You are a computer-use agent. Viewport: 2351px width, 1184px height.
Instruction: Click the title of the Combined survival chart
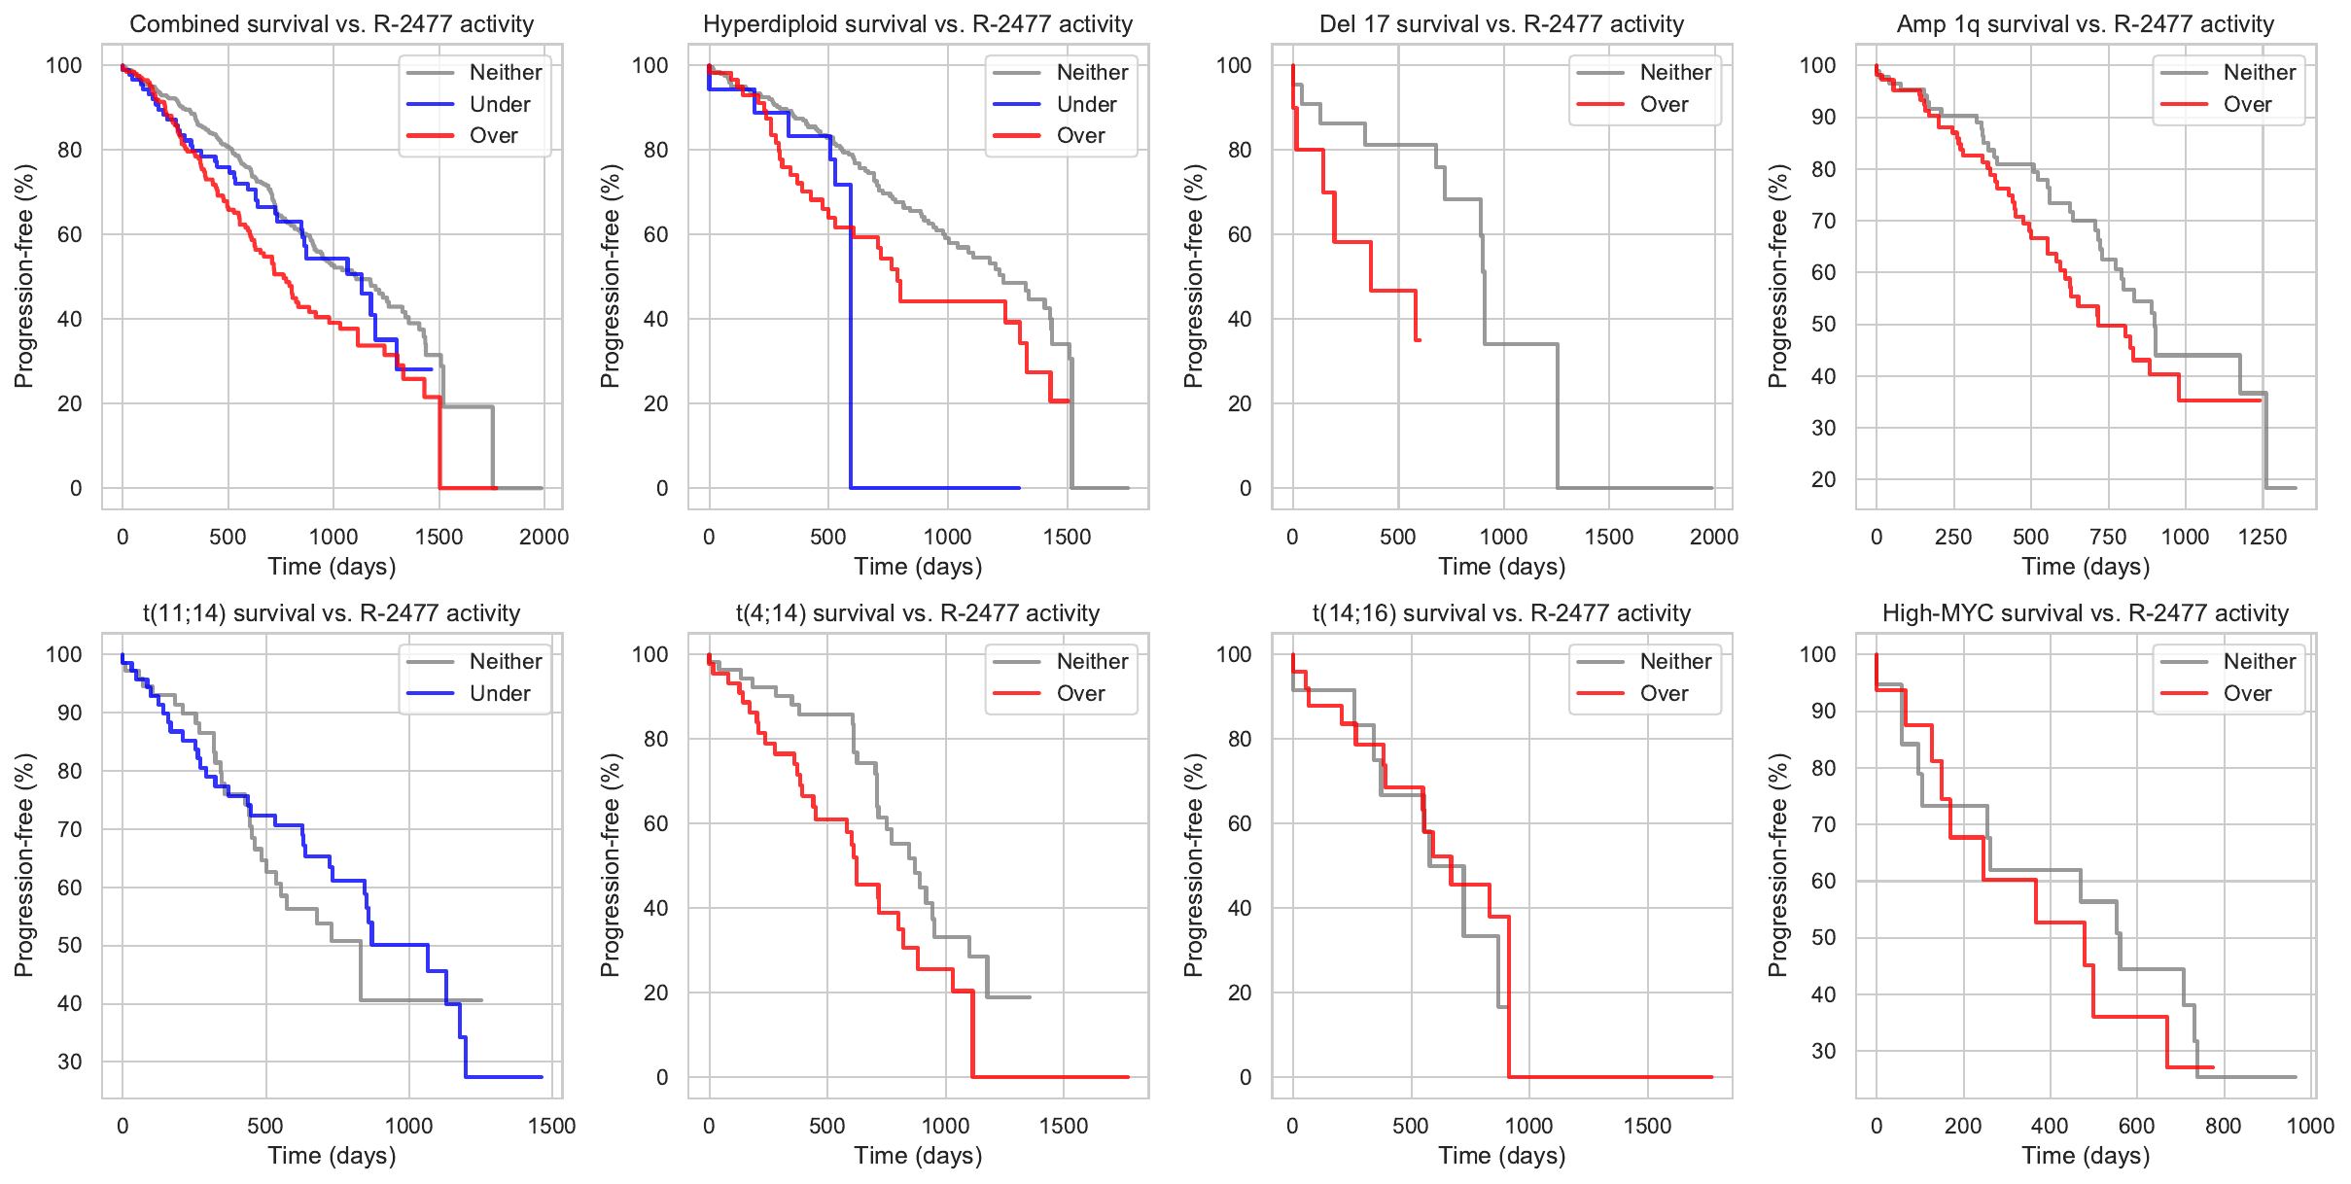332,24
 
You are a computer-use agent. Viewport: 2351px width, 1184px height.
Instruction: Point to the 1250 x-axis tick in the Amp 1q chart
2262,537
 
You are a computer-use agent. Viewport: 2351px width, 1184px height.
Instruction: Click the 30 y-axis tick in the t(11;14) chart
70,1062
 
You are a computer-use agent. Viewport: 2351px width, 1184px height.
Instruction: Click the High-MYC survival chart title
2085,613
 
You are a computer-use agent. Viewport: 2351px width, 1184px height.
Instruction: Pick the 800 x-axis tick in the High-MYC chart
2223,1126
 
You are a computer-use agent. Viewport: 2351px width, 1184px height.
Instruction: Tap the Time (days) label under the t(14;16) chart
1501,1156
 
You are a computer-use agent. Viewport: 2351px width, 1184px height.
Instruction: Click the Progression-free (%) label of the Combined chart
23,276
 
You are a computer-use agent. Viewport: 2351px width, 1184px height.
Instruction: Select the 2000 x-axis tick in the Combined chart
544,537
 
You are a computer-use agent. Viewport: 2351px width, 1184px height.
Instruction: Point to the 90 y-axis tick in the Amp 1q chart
1817,118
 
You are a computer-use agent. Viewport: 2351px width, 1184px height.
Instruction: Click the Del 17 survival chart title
1501,24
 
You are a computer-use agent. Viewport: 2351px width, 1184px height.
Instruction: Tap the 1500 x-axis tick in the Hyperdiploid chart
1067,537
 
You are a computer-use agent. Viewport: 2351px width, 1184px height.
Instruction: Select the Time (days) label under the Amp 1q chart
2085,567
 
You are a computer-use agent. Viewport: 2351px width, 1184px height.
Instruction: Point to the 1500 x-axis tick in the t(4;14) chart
1064,1126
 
